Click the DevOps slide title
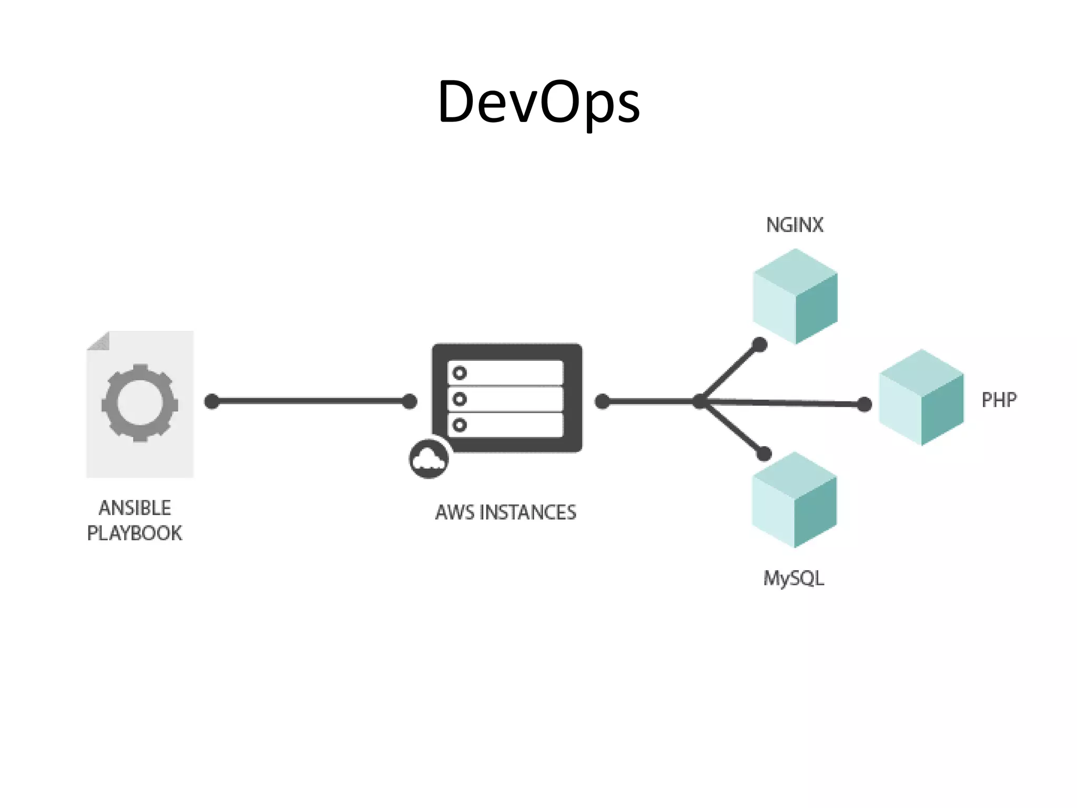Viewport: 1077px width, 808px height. [538, 102]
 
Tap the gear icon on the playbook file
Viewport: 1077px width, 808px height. [140, 403]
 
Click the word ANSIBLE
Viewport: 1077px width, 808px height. [135, 508]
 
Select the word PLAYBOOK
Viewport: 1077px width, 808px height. [135, 533]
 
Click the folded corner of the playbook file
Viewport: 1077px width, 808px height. [100, 341]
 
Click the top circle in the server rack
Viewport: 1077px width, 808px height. [460, 373]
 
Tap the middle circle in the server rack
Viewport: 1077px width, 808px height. [460, 399]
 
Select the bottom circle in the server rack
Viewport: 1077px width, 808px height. [460, 425]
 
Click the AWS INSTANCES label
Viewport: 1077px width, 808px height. [506, 512]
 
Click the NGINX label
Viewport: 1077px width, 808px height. [795, 225]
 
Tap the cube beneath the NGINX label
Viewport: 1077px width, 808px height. [795, 296]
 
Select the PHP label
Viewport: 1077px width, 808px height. [999, 400]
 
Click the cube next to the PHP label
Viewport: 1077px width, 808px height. [921, 398]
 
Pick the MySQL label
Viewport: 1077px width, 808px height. [794, 578]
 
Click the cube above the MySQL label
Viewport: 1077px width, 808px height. [794, 500]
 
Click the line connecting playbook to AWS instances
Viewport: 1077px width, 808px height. [310, 401]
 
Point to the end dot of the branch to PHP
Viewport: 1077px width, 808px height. [865, 405]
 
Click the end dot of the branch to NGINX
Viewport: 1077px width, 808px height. [759, 345]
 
